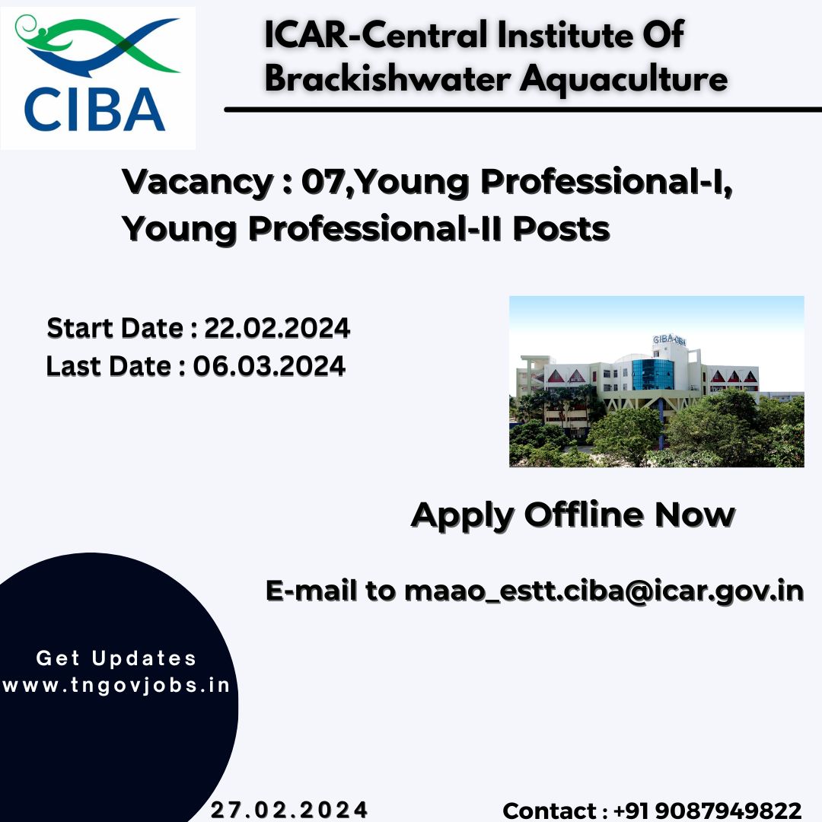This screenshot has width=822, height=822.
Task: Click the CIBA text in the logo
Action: pos(94,109)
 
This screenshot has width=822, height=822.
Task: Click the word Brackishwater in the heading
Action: pos(387,79)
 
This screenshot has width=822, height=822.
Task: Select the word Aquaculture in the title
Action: pos(624,80)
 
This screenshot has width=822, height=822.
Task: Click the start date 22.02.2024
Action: pos(277,328)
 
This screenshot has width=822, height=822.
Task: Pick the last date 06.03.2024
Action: pos(269,366)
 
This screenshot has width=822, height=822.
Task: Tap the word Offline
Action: pos(584,515)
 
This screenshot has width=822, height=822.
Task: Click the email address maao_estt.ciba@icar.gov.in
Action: pos(604,591)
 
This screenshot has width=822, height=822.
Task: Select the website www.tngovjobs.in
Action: pos(116,685)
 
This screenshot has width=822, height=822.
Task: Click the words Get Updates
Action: pos(116,658)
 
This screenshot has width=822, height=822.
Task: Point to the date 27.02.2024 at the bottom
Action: pos(289,809)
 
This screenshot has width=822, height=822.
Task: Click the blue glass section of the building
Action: pos(653,374)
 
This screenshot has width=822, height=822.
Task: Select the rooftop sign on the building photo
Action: pos(670,340)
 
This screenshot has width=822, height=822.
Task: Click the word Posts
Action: pos(561,229)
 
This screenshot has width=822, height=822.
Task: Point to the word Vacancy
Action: pos(198,183)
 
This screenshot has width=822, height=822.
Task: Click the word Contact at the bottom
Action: pos(550,811)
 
